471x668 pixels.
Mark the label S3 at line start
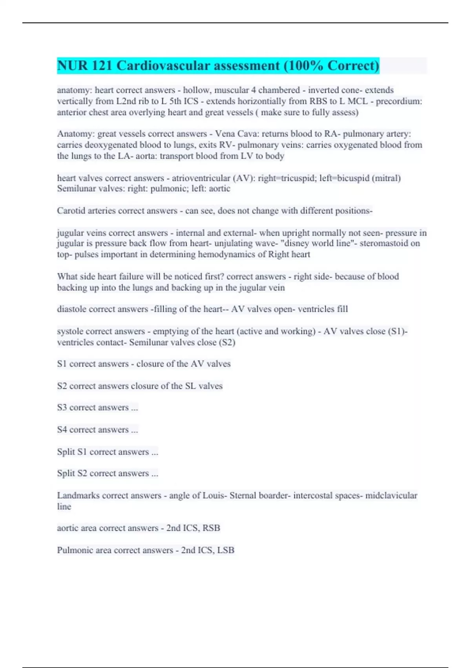click(62, 408)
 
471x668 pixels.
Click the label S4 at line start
click(62, 430)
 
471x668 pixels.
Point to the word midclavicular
click(391, 496)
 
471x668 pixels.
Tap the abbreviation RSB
click(211, 529)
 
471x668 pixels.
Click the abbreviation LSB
click(226, 551)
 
